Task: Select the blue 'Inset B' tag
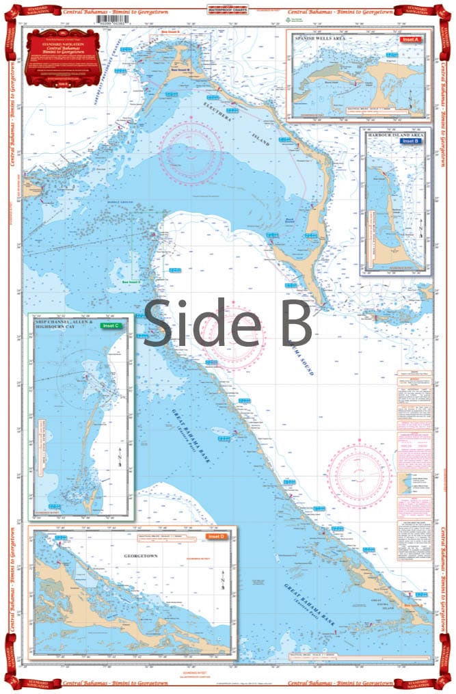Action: [410, 141]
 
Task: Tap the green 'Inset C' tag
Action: [109, 326]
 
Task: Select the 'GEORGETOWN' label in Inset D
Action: [133, 558]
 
